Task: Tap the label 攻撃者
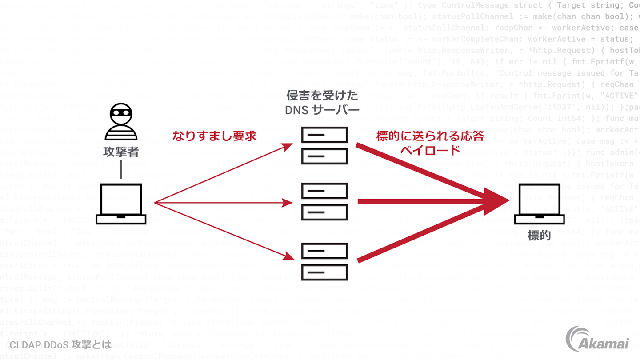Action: pyautogui.click(x=121, y=152)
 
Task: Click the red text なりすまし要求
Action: pyautogui.click(x=215, y=136)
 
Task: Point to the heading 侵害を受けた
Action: pyautogui.click(x=322, y=96)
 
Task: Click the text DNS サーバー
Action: pyautogui.click(x=322, y=109)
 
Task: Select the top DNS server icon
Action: pyautogui.click(x=324, y=145)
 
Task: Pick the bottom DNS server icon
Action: pyautogui.click(x=324, y=261)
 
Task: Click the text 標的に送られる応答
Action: pyautogui.click(x=430, y=136)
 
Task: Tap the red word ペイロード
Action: pyautogui.click(x=430, y=150)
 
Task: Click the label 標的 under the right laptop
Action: pyautogui.click(x=539, y=235)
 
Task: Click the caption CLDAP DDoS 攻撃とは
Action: pyautogui.click(x=60, y=344)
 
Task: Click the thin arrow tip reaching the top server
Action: pyautogui.click(x=290, y=145)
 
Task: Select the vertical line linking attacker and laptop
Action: pyautogui.click(x=121, y=169)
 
